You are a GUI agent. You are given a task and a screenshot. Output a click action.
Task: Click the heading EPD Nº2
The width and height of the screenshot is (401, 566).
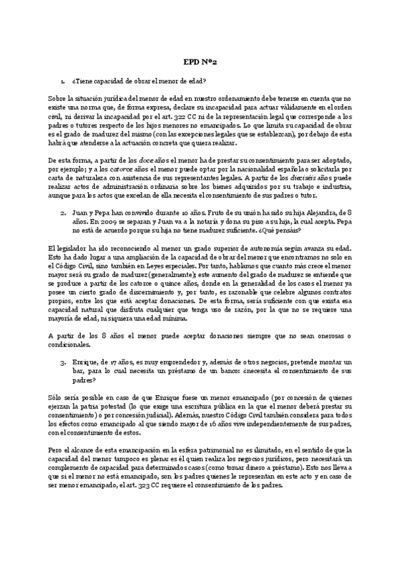click(x=200, y=61)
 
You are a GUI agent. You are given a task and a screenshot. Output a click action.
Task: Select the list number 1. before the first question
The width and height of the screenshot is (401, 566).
click(x=62, y=81)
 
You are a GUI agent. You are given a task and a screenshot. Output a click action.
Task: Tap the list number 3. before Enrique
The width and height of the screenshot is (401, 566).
click(x=62, y=360)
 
